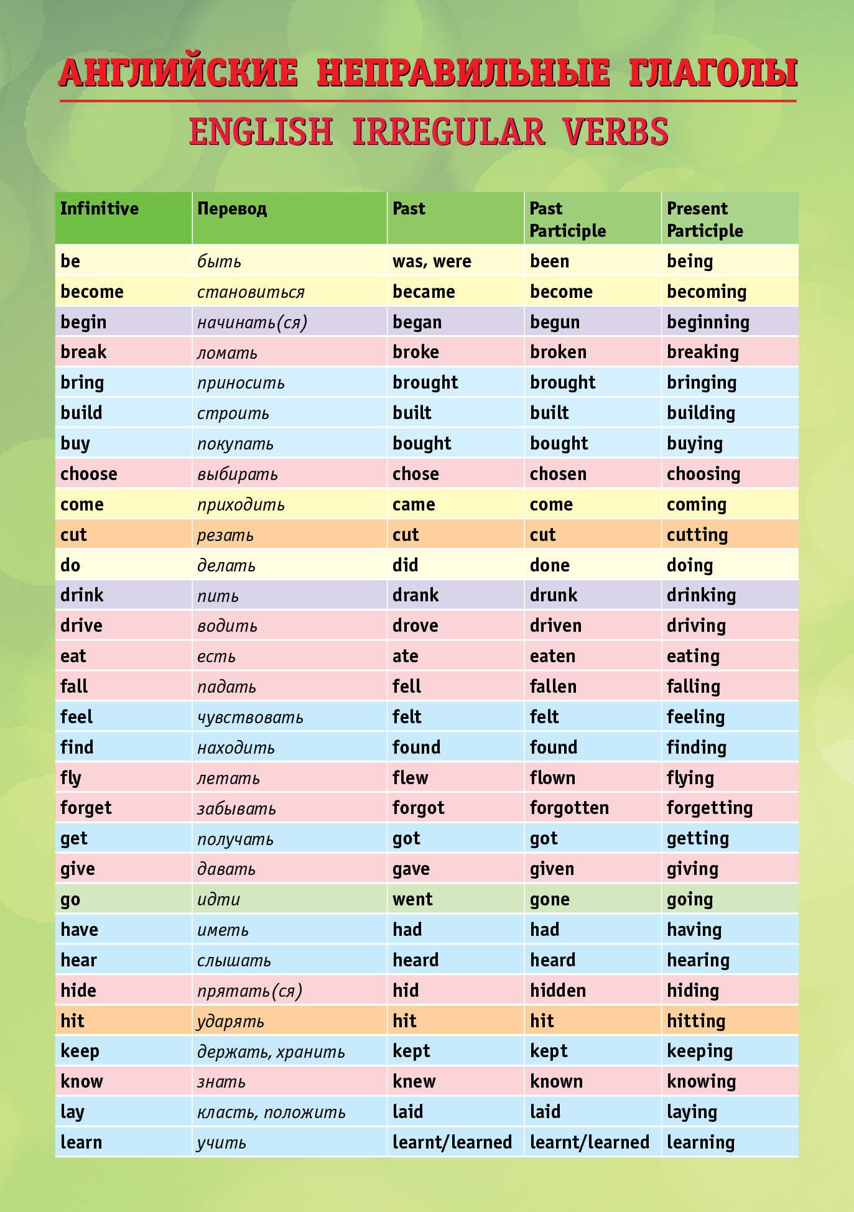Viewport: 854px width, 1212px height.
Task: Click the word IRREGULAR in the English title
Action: point(448,132)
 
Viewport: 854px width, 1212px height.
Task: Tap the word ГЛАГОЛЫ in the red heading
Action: point(713,73)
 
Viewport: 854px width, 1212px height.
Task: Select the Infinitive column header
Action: point(100,208)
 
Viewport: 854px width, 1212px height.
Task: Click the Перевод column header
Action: point(232,208)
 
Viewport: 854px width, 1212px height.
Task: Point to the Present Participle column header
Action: point(705,220)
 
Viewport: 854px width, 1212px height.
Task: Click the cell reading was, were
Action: point(432,261)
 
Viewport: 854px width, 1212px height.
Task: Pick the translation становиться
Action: point(251,292)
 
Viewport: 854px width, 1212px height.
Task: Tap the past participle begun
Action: point(554,322)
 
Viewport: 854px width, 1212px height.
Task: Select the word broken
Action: point(558,352)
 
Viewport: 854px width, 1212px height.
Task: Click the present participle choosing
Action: point(703,474)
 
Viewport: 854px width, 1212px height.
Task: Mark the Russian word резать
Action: point(225,535)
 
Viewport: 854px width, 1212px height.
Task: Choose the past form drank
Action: point(415,595)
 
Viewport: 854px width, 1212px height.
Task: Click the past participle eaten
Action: point(552,656)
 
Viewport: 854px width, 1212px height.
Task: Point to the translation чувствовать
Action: point(250,717)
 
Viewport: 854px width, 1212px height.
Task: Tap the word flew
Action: point(410,777)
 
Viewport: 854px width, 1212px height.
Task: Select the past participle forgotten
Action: point(569,808)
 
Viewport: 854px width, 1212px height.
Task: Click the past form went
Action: point(412,899)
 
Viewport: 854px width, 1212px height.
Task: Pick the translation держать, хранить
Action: point(271,1052)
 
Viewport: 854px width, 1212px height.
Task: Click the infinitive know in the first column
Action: point(81,1081)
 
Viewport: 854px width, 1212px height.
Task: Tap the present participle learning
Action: point(700,1142)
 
